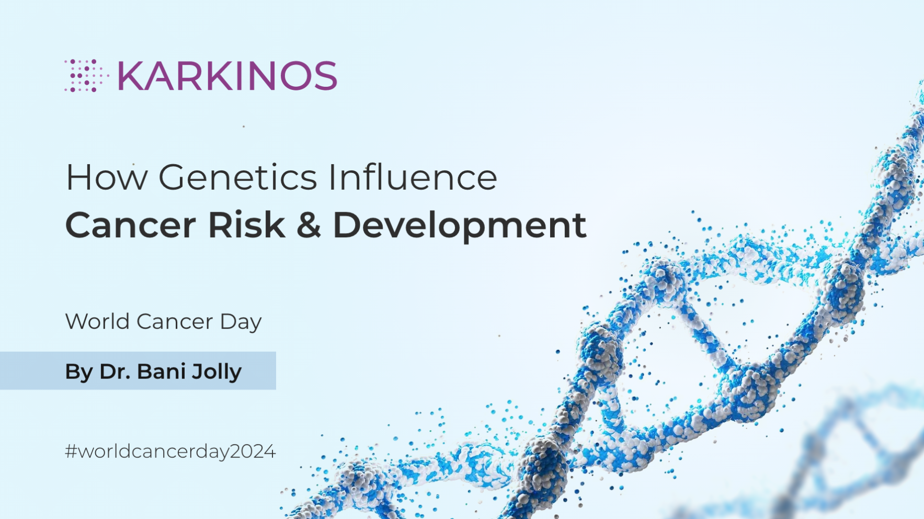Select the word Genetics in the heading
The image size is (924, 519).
238,178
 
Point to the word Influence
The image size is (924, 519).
413,178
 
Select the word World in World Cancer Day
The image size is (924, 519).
97,321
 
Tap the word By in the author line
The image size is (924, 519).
78,372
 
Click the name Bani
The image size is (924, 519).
161,372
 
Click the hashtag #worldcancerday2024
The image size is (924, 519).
170,452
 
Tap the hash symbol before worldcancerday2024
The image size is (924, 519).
71,452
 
